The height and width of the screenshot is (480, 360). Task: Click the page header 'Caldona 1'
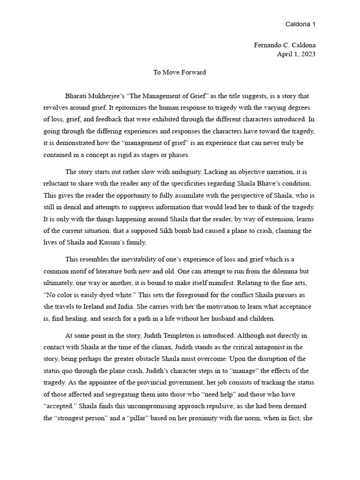300,24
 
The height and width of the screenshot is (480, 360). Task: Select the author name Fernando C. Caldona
284,45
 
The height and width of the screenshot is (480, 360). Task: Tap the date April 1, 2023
296,54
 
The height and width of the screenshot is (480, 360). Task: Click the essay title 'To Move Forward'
180,73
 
